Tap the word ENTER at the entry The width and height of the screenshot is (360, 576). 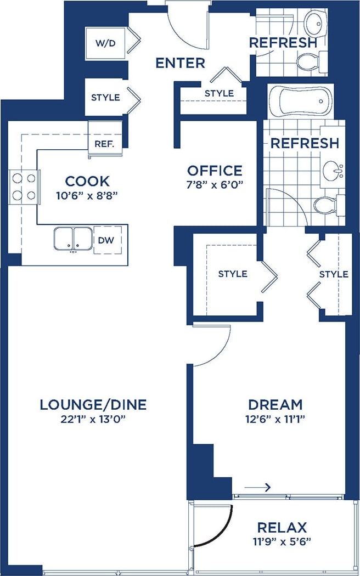coord(180,63)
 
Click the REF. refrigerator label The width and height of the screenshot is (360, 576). coord(104,145)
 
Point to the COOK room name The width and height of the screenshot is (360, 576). coord(87,181)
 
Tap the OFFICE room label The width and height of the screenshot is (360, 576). coord(215,171)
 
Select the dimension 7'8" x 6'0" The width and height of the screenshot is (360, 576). coord(215,184)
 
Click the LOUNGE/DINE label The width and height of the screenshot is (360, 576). coord(93,405)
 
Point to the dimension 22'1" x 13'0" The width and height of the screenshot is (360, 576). coord(93,420)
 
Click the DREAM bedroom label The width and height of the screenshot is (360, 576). coord(275,405)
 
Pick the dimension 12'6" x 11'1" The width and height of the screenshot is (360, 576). coord(275,420)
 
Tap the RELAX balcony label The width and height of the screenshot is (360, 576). coord(282,528)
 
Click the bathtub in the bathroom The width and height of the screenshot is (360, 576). coord(300,101)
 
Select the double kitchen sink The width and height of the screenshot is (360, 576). coord(72,239)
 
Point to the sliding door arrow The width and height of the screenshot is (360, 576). coord(258,487)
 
